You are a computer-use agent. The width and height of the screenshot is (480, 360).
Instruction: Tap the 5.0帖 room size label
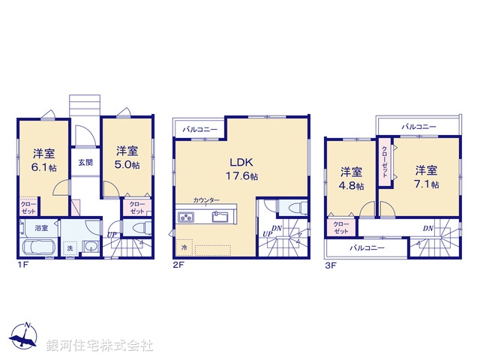(127, 165)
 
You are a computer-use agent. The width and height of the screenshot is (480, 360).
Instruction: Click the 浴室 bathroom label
(40, 227)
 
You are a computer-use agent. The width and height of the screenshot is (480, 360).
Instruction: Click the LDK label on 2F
(241, 161)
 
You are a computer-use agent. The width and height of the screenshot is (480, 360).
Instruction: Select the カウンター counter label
(205, 200)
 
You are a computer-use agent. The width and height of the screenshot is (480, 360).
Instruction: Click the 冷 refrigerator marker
(184, 245)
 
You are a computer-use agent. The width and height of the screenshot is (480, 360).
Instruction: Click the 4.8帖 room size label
(352, 185)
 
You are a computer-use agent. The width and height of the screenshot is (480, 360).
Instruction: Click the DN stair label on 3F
(427, 228)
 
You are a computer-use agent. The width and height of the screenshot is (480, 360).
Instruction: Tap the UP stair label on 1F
(111, 235)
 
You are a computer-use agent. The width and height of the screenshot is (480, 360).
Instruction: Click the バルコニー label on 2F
(199, 129)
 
